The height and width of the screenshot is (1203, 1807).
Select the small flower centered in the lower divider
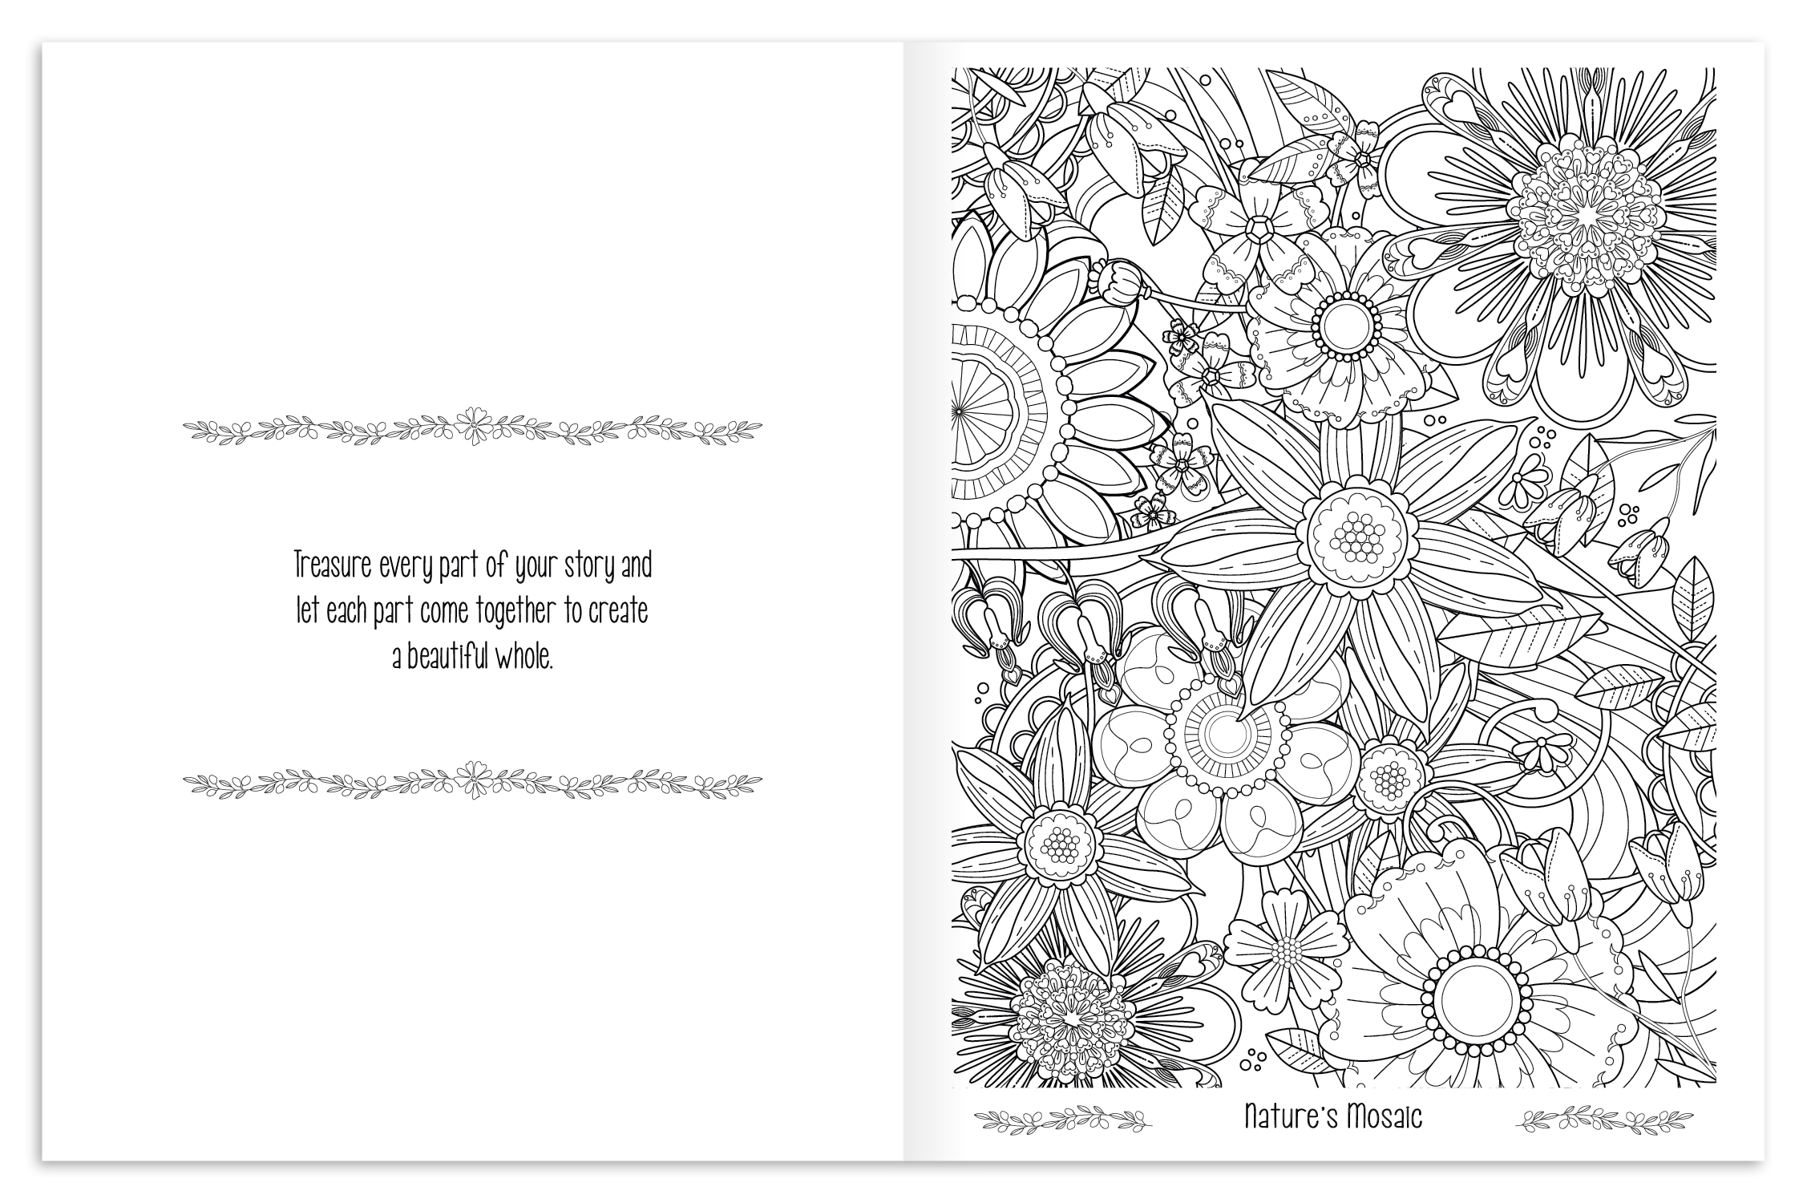pyautogui.click(x=474, y=779)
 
